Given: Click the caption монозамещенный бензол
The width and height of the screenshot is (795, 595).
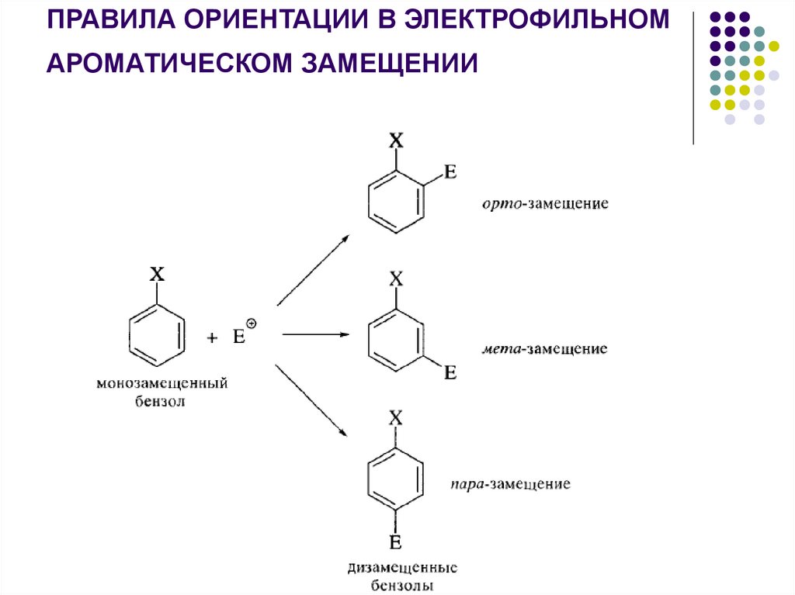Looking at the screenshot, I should coord(161,393).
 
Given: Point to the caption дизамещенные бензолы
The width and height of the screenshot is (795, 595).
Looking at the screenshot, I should coord(401,576).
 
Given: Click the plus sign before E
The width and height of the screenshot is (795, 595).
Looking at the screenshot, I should coord(212,337).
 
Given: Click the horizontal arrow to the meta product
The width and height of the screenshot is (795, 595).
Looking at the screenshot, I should coord(314,334).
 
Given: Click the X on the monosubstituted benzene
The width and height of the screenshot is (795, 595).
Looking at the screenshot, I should coord(157,274).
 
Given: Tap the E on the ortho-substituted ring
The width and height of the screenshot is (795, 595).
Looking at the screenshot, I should coord(450,172).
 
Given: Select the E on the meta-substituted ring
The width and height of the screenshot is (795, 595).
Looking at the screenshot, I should coord(450,372).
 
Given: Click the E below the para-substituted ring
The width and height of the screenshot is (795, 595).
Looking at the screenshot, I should coord(395,541).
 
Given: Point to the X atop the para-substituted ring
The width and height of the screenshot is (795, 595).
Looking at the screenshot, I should coord(395,418).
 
